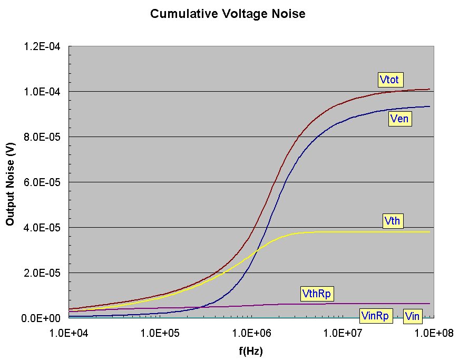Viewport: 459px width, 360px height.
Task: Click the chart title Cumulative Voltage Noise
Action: [x=228, y=14]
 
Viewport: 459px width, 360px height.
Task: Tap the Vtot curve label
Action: [x=391, y=80]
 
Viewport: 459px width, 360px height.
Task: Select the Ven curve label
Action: [x=399, y=119]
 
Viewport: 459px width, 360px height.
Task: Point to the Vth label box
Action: [x=393, y=221]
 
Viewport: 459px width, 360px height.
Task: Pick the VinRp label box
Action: [x=375, y=316]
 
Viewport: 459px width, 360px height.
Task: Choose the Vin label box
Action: [x=413, y=316]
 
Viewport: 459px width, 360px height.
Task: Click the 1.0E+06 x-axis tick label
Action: [x=250, y=333]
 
